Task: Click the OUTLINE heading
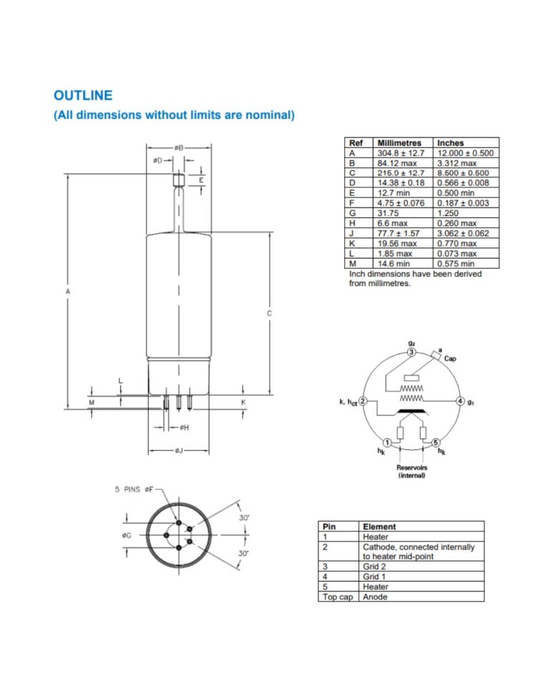[x=83, y=95]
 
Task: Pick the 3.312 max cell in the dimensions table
[x=456, y=163]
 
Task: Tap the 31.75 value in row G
[x=387, y=213]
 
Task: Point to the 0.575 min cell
[x=455, y=263]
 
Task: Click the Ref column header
[x=356, y=143]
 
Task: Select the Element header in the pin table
[x=379, y=526]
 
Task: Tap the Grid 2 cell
[x=376, y=566]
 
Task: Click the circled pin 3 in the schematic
[x=411, y=352]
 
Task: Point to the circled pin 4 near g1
[x=461, y=401]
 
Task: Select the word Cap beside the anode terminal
[x=450, y=359]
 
